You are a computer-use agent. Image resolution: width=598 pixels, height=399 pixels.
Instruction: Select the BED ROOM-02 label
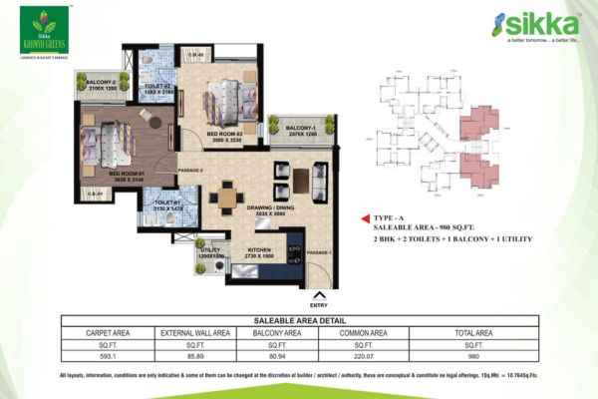pyautogui.click(x=225, y=136)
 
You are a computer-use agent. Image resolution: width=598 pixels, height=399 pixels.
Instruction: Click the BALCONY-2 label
pyautogui.click(x=102, y=85)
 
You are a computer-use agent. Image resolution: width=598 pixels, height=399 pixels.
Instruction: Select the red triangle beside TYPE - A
pyautogui.click(x=365, y=215)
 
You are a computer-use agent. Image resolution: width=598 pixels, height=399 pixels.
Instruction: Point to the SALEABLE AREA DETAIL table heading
pyautogui.click(x=298, y=320)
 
